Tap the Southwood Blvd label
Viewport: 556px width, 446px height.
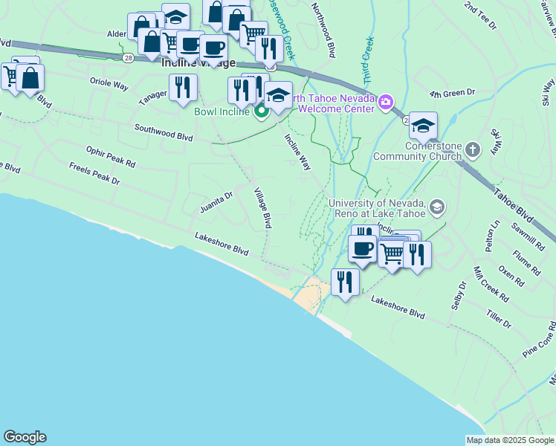tap(164, 132)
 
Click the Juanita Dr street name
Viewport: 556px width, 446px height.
tap(216, 201)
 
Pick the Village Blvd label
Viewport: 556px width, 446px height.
tap(263, 207)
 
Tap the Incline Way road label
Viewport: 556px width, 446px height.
tap(297, 152)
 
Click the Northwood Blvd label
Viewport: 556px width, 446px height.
tap(323, 30)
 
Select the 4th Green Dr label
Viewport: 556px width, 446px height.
tap(452, 93)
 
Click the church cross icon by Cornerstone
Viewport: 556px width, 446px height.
tap(472, 150)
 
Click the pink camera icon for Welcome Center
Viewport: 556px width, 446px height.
tap(385, 101)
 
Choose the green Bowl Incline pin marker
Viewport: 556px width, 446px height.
tap(261, 112)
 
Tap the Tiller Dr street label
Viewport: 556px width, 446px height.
tap(499, 319)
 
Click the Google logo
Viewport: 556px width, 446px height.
tap(25, 437)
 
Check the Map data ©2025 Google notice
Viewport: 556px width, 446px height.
tap(509, 440)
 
